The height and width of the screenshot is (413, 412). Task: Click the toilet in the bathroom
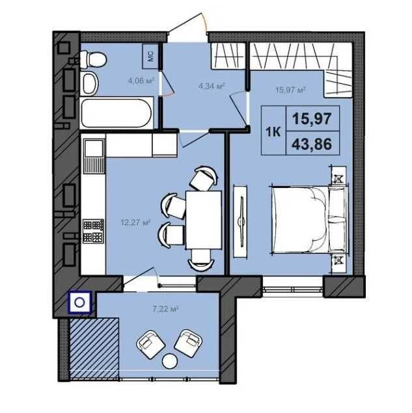(x=94, y=59)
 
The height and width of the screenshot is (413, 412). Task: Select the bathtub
(x=117, y=113)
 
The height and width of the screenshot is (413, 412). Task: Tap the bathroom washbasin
(x=89, y=83)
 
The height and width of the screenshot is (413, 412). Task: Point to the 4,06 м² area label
(x=141, y=81)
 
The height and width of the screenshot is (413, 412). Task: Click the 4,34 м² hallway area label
(x=212, y=86)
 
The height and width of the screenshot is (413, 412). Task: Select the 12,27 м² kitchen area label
(x=135, y=223)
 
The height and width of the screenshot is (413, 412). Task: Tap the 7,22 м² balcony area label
(x=165, y=308)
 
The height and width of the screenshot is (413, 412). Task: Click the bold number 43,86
(x=312, y=144)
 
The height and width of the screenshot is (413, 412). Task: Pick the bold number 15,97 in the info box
(x=312, y=118)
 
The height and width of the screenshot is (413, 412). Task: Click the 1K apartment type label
(x=273, y=131)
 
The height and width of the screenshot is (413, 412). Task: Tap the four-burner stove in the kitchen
(x=93, y=231)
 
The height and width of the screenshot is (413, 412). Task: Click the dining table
(x=204, y=220)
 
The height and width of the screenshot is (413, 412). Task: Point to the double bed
(x=309, y=219)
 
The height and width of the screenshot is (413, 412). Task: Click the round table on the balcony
(x=169, y=361)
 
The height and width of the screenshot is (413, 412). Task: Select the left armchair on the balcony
(x=150, y=345)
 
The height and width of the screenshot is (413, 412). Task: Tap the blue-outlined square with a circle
(x=79, y=302)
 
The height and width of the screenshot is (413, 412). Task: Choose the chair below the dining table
(x=201, y=260)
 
